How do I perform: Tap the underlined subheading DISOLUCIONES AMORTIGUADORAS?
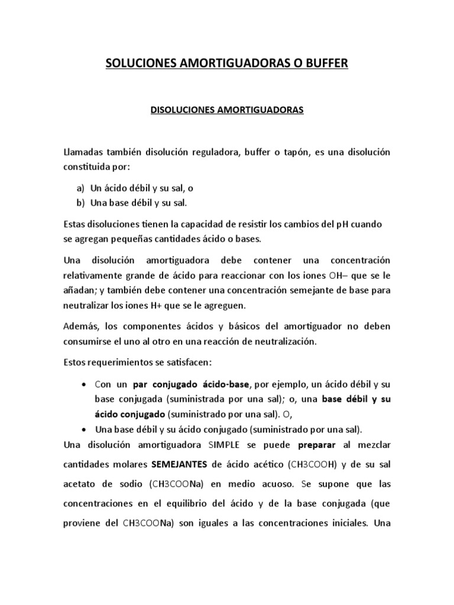pos(227,110)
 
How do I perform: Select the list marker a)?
pos(81,188)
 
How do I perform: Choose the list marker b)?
pos(81,203)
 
